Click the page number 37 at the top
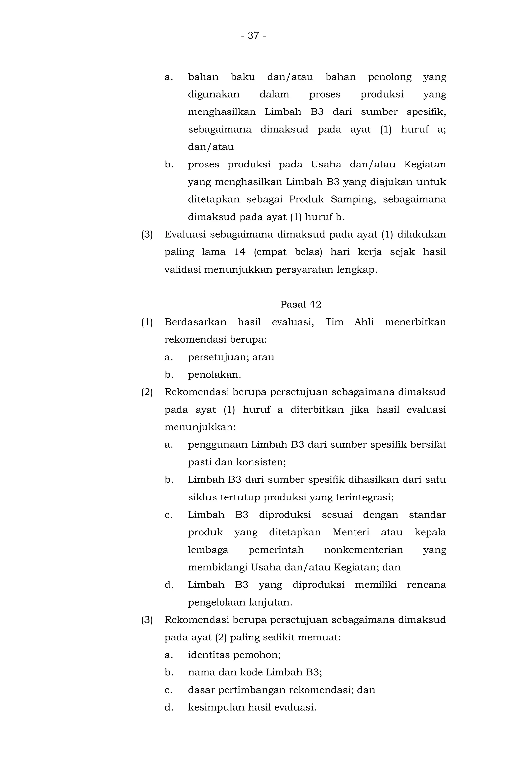tap(253, 35)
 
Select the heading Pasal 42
tap(301, 305)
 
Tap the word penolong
tap(389, 77)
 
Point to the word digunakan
tap(213, 95)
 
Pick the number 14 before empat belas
tap(240, 252)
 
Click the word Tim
tap(334, 322)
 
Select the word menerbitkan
tap(415, 322)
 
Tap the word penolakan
tap(214, 375)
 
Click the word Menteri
tap(351, 532)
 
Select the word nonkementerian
tap(363, 550)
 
